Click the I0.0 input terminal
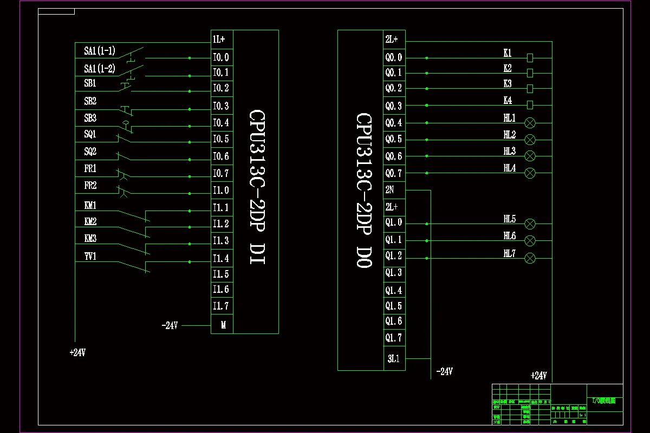221,57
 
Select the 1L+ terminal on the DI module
221,40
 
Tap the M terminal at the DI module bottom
222,325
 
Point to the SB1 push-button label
90,84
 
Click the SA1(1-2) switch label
99,69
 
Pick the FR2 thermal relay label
90,186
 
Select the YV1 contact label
90,257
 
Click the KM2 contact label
90,222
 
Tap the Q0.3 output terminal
394,106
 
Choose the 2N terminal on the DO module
390,190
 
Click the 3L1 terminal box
394,358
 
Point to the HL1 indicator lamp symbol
530,123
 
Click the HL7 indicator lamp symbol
530,258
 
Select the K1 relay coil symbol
530,57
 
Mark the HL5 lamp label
509,219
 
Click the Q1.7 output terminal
394,338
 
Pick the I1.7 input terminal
221,306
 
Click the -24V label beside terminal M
170,326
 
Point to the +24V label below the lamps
538,376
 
